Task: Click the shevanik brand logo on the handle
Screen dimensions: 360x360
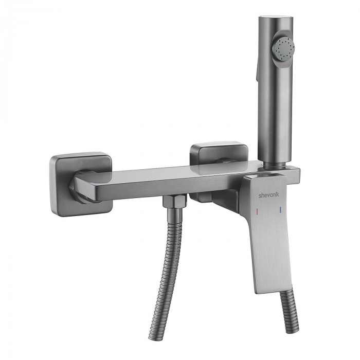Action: pyautogui.click(x=269, y=195)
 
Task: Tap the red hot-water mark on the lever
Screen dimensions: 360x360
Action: pyautogui.click(x=257, y=211)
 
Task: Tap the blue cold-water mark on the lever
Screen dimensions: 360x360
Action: pyautogui.click(x=280, y=209)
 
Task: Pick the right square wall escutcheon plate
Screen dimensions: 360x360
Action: pyautogui.click(x=219, y=152)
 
